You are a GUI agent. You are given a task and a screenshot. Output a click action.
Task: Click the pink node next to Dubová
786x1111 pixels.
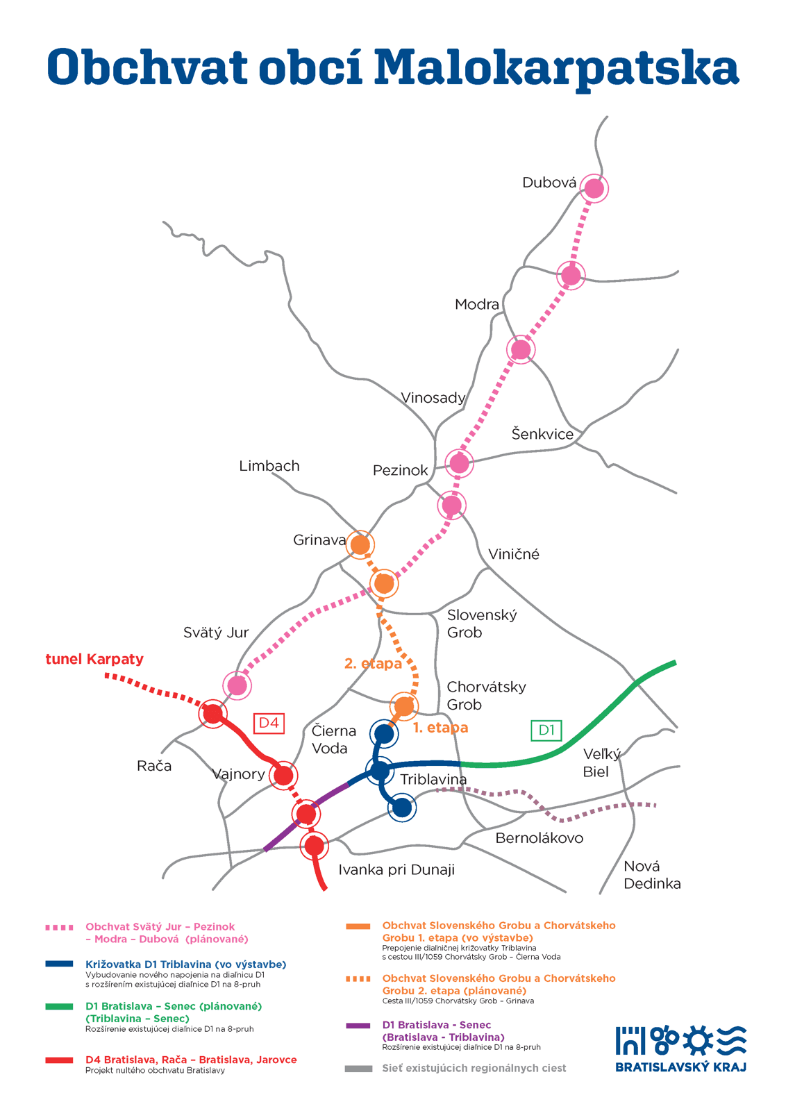(x=594, y=188)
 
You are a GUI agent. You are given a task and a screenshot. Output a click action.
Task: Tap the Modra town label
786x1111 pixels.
(x=476, y=304)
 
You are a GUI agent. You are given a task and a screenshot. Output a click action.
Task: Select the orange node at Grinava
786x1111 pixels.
(x=360, y=545)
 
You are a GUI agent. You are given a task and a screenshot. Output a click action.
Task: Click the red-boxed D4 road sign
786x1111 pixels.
(x=269, y=723)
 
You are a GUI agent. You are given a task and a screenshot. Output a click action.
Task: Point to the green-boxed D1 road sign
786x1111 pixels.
(x=546, y=730)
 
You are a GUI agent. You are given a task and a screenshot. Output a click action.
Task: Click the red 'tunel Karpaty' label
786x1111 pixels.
(x=94, y=659)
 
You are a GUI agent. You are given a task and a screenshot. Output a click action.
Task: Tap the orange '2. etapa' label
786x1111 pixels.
(x=373, y=664)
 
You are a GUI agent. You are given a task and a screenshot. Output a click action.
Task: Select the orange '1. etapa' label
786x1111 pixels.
(x=440, y=728)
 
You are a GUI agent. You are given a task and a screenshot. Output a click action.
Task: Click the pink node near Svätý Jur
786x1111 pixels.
(x=237, y=685)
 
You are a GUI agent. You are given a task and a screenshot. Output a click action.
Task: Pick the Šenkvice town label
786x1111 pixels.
(x=542, y=434)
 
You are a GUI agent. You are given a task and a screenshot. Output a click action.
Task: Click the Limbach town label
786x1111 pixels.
(x=269, y=466)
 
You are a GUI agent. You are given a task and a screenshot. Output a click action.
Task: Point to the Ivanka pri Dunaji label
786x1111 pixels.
(x=396, y=869)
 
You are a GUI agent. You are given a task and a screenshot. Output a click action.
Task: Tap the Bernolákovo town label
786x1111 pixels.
(x=539, y=837)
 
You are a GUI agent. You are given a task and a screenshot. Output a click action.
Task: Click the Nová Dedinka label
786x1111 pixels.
(x=652, y=875)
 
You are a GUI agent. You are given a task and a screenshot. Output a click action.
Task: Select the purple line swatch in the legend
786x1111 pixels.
(x=358, y=1025)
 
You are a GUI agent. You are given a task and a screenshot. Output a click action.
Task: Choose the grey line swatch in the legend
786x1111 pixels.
(x=358, y=1069)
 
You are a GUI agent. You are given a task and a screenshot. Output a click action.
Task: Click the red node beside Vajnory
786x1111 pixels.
(x=284, y=775)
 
